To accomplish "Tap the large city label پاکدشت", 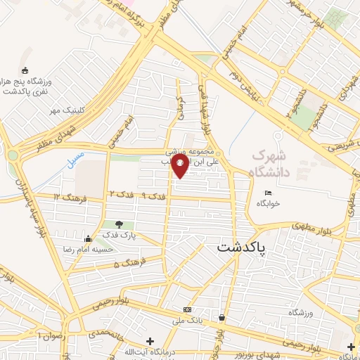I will point(241,247).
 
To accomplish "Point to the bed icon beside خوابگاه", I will point(267,193).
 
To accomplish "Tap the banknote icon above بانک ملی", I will point(187,309).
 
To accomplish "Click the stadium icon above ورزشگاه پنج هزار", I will point(26,70).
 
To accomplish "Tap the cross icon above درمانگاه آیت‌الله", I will point(149,341).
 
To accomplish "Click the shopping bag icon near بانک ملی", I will point(222,317).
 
